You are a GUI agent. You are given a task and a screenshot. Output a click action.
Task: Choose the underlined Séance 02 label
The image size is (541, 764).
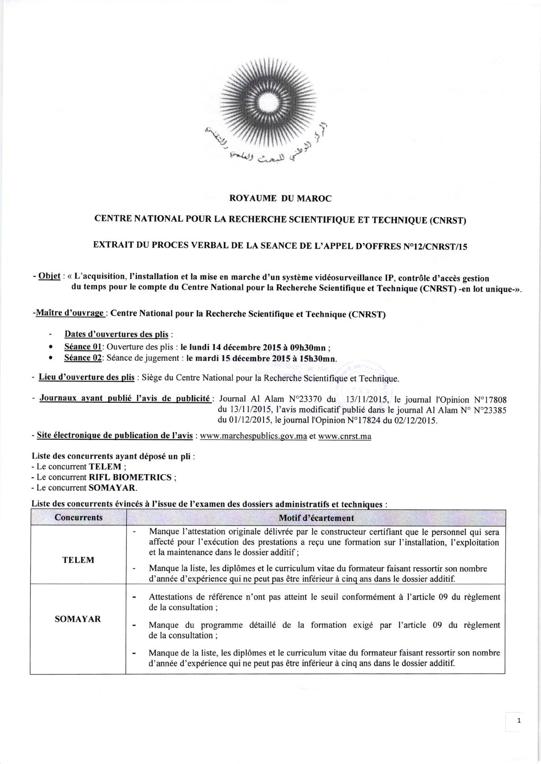[84, 358]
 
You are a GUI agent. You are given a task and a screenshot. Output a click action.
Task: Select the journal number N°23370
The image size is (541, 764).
[306, 399]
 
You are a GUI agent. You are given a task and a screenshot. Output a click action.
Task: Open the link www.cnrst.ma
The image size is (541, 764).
[345, 437]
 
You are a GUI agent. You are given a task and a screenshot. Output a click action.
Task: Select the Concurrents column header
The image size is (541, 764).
[79, 517]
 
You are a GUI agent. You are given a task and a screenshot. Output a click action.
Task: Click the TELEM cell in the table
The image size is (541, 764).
[78, 560]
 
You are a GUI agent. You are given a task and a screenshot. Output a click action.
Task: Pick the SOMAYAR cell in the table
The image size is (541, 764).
[78, 619]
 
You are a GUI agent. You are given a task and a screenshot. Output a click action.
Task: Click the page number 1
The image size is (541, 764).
[519, 721]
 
